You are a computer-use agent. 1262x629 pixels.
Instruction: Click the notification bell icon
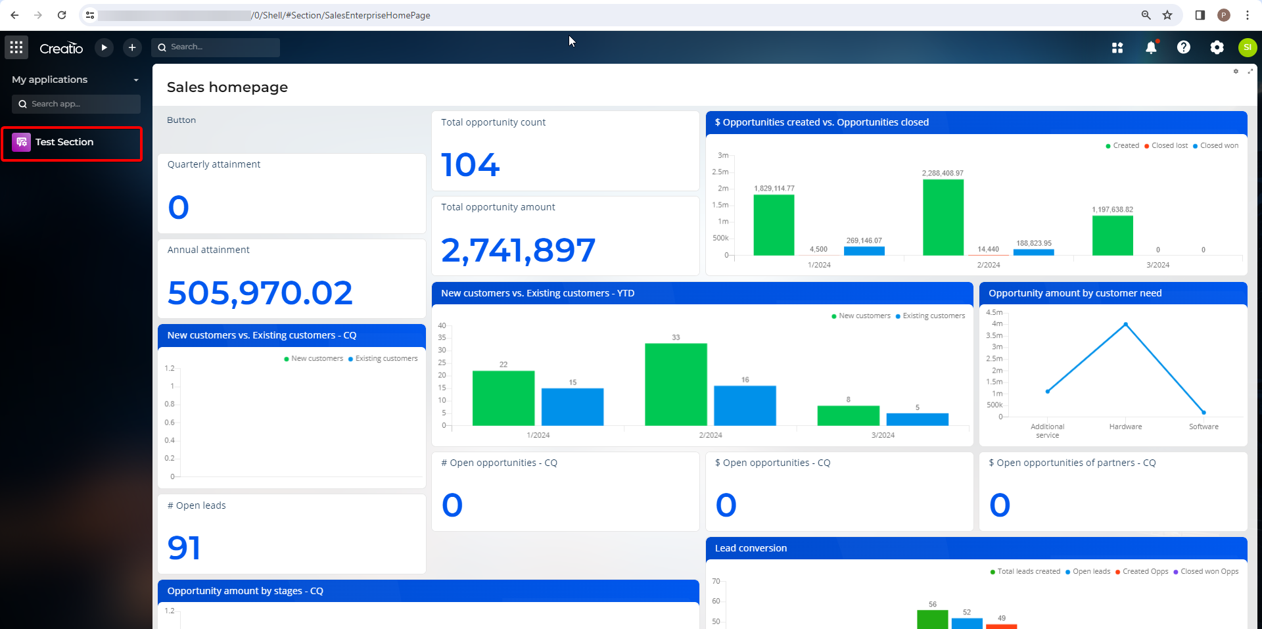pos(1151,47)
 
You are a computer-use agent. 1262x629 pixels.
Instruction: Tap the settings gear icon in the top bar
pos(1217,47)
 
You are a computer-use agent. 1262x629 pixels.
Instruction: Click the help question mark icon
pos(1183,47)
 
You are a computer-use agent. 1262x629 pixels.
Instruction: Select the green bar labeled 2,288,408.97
pos(943,218)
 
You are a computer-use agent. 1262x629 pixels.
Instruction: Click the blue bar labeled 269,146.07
pos(864,251)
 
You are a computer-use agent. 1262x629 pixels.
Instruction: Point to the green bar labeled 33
pos(676,384)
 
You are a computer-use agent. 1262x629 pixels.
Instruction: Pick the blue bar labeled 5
pos(917,419)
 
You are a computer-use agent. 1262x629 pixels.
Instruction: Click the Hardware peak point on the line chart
pos(1125,324)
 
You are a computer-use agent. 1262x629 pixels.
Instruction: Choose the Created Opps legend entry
pos(1142,572)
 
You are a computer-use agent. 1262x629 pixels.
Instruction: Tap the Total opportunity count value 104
pos(471,165)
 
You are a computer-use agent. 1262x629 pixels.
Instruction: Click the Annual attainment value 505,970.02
pos(260,293)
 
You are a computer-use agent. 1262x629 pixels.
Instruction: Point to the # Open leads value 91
pos(184,548)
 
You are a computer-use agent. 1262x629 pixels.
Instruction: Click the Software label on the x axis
pos(1204,427)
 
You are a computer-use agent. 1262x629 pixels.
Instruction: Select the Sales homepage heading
pos(227,87)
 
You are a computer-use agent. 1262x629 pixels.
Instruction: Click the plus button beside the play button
pos(132,47)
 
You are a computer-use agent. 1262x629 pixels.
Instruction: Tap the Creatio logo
pos(61,48)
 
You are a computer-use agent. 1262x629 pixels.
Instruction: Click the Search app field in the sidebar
pos(76,104)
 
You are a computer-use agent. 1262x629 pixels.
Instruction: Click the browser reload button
pos(62,15)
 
